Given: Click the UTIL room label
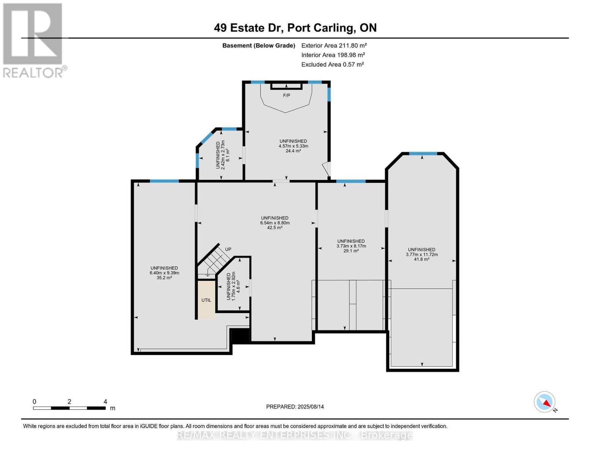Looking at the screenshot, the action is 206,300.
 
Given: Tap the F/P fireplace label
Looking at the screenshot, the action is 286,95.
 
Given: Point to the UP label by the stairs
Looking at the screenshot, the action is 228,249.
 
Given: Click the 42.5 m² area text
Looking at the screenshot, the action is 275,228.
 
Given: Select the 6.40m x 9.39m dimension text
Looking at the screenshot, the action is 164,273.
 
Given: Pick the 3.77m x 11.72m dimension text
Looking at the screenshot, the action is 422,255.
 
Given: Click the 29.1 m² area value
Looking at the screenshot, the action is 351,251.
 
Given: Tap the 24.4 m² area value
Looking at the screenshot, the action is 293,151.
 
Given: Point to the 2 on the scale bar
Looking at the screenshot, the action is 69,402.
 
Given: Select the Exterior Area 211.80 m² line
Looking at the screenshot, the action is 334,45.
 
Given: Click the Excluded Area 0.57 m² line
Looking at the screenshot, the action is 332,64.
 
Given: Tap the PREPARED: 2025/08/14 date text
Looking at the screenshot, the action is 295,407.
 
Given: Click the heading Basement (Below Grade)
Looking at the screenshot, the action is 258,45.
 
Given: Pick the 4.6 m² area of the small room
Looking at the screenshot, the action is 239,287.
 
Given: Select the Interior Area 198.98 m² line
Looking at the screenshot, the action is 333,55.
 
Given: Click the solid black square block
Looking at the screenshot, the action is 239,336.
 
